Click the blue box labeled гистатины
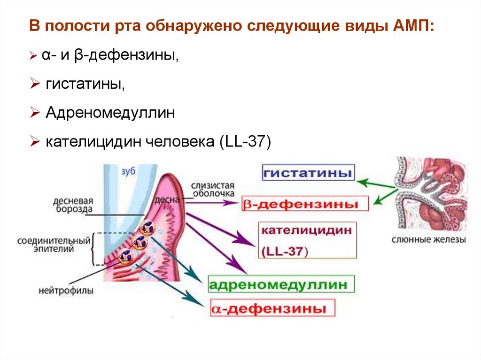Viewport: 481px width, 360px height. pyautogui.click(x=308, y=173)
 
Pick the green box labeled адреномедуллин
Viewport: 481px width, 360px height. pyautogui.click(x=280, y=284)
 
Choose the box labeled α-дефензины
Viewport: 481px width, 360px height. pyautogui.click(x=273, y=309)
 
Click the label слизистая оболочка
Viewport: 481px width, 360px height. pyautogui.click(x=213, y=189)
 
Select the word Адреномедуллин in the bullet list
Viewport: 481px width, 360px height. pyautogui.click(x=110, y=113)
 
